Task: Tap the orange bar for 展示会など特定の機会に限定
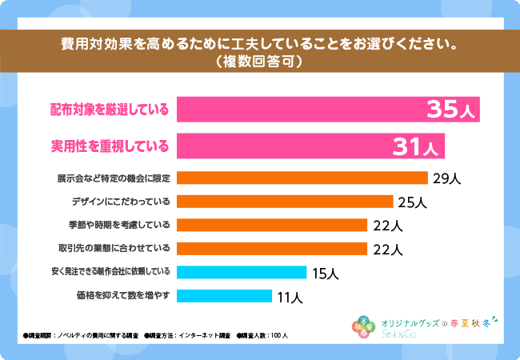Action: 302,178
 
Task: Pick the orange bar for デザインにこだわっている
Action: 284,202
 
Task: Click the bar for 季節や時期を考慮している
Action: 271,225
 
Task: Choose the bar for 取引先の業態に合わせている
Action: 271,248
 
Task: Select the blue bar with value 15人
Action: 241,272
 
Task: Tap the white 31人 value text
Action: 414,146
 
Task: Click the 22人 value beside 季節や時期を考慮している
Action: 386,226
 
